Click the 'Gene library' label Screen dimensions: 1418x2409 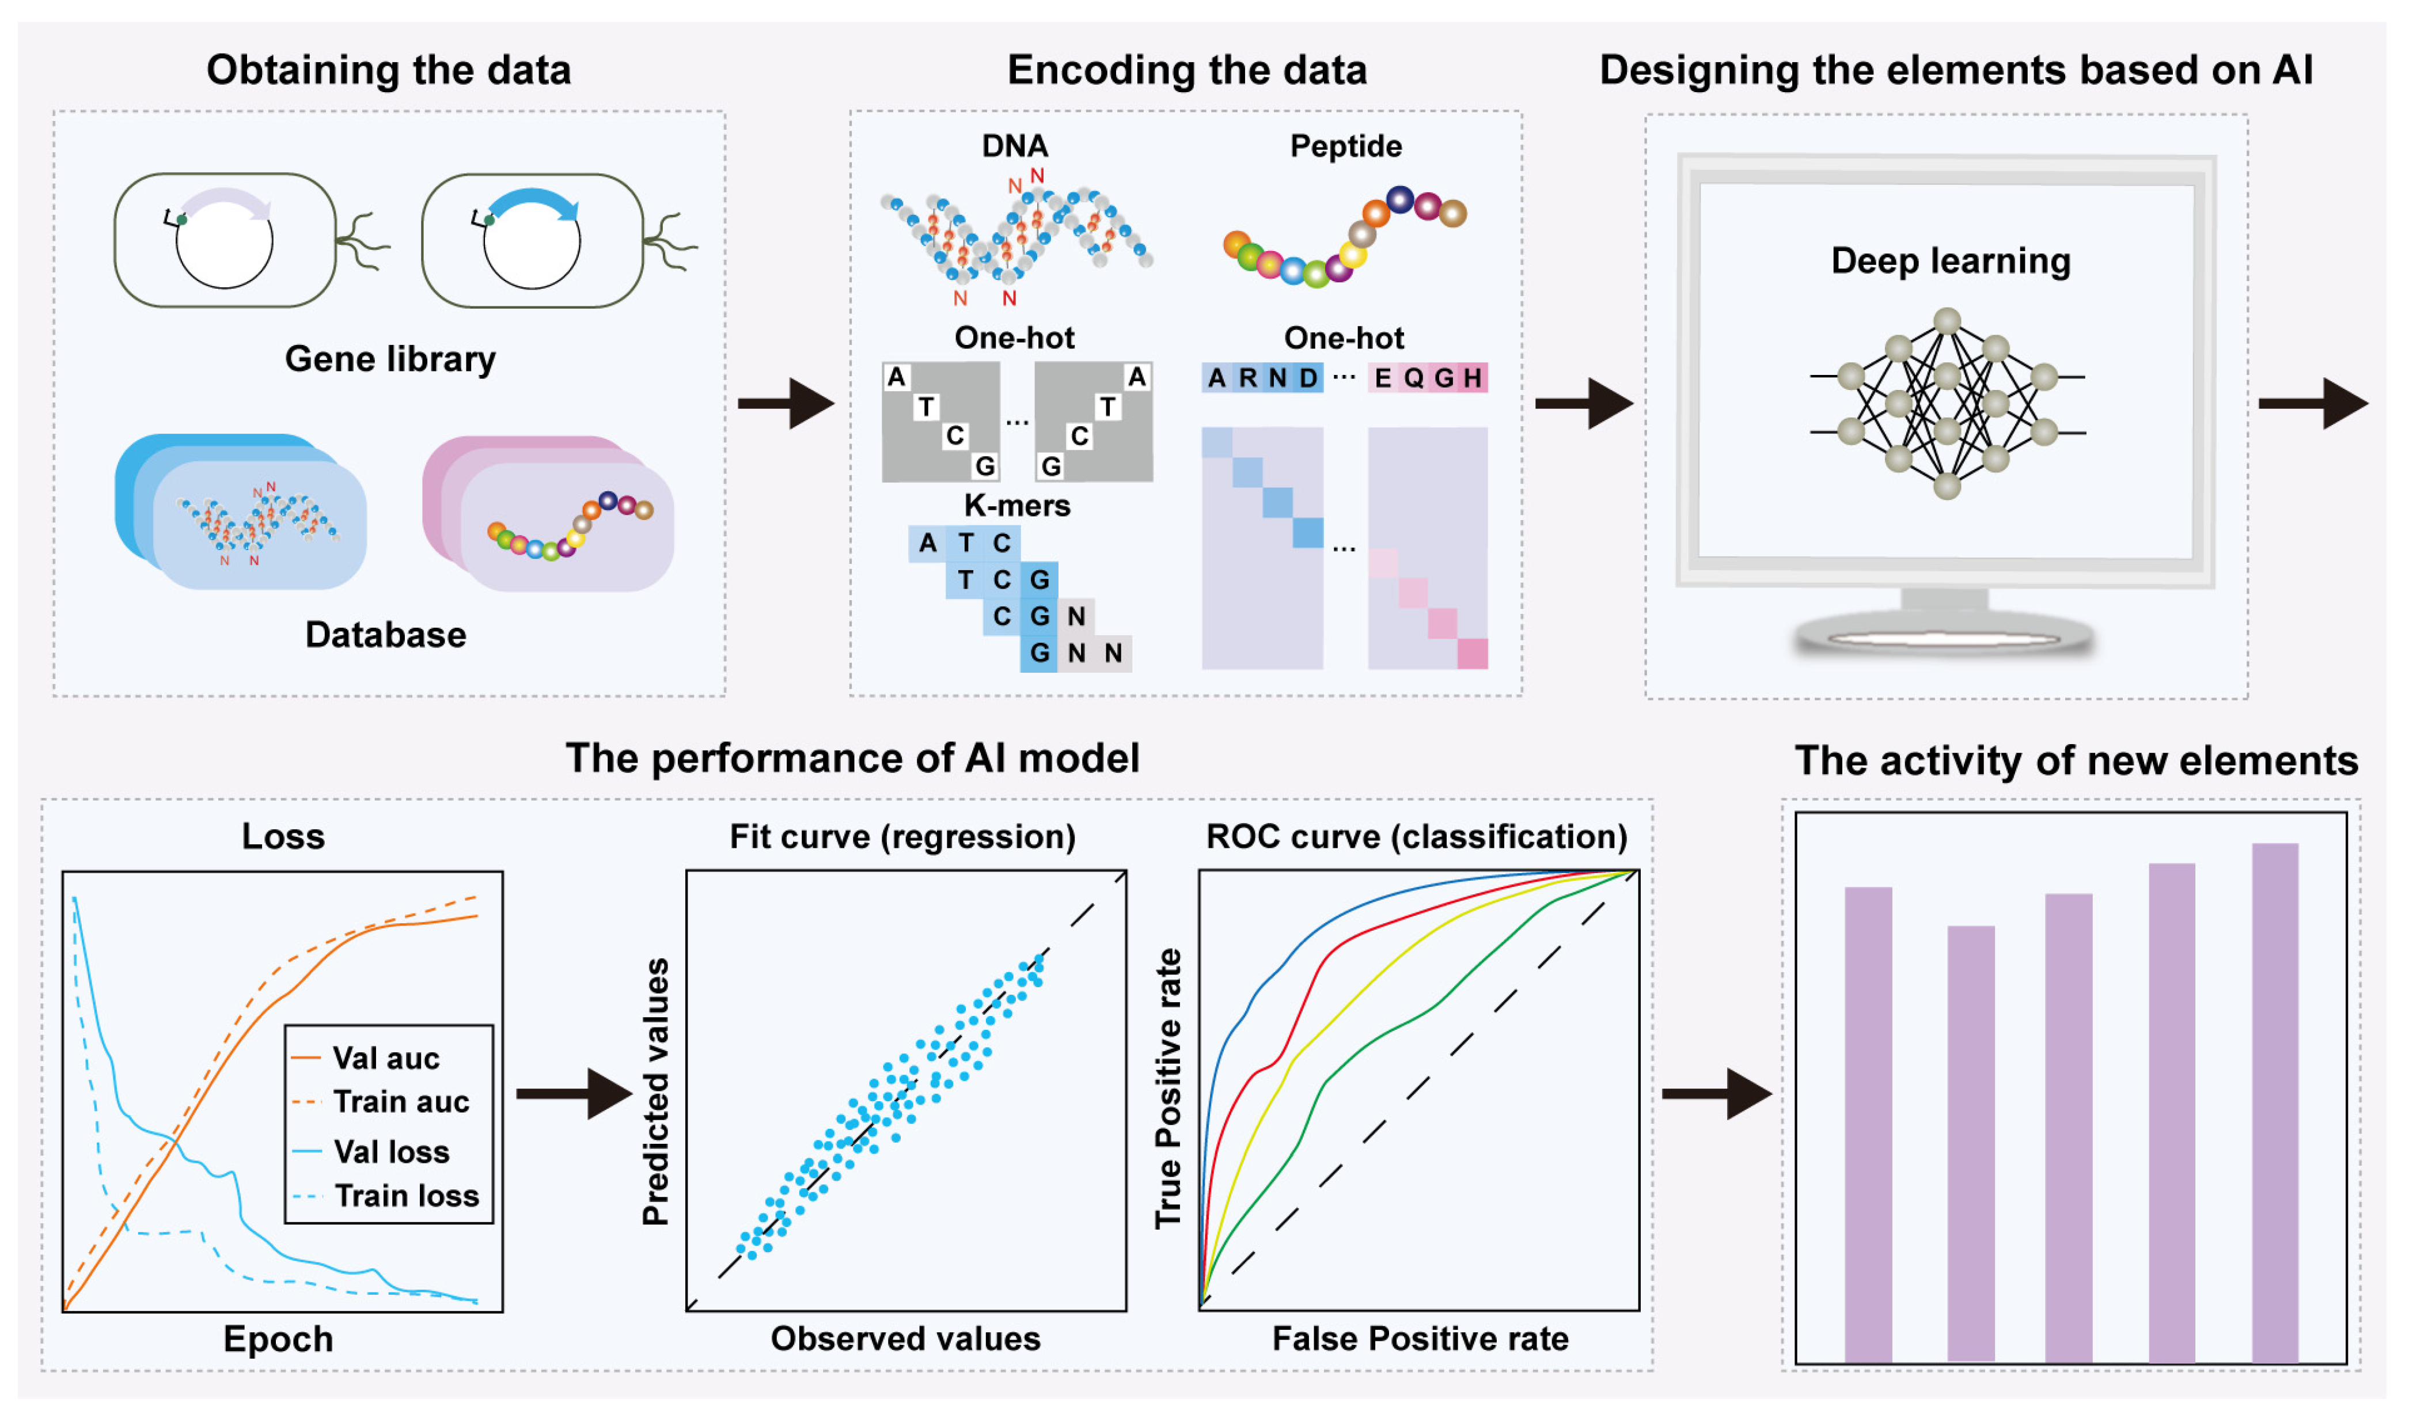(390, 359)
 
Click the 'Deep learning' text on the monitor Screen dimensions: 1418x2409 (1950, 261)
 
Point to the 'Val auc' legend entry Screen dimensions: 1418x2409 (385, 1059)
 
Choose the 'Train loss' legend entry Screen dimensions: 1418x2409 (406, 1196)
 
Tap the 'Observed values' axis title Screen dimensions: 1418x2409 (905, 1339)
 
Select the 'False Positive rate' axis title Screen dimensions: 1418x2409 (1420, 1339)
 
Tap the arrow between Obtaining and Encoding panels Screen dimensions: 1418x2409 (786, 404)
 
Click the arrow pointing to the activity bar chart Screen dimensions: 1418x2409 (1716, 1093)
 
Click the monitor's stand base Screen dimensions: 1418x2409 (1944, 636)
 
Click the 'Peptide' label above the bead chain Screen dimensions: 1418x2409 (1345, 146)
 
